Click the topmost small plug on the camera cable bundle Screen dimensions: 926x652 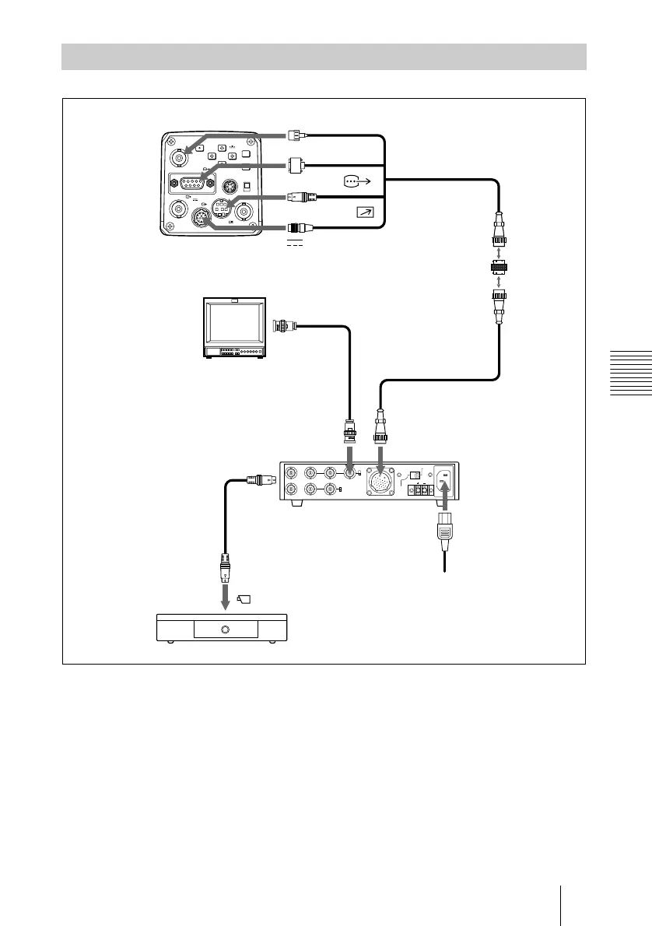pyautogui.click(x=294, y=135)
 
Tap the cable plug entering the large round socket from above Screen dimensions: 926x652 pyautogui.click(x=380, y=426)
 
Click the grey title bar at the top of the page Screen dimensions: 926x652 pyautogui.click(x=324, y=57)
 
